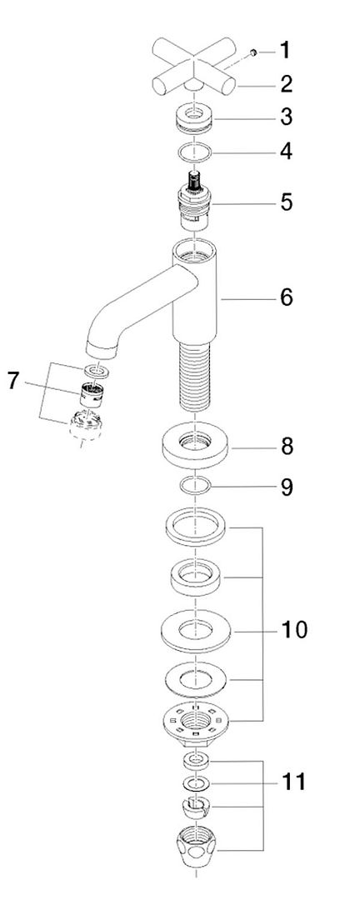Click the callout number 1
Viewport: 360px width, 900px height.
285,51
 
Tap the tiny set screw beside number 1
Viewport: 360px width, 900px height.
252,53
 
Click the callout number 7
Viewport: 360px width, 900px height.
14,381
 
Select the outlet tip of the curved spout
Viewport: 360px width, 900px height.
101,349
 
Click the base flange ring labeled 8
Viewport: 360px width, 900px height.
195,445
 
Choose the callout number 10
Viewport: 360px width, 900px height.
293,630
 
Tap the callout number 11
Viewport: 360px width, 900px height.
293,782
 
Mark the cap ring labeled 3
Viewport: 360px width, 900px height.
195,116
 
